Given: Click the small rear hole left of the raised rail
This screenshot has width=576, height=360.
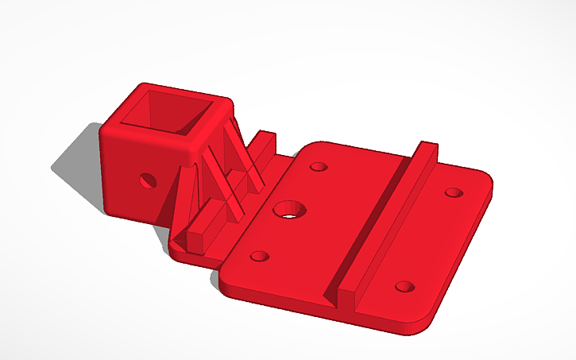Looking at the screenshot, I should (x=319, y=168).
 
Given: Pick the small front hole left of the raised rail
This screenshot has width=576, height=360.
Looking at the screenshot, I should (x=259, y=257).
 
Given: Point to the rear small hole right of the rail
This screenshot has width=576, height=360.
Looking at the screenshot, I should (x=453, y=192).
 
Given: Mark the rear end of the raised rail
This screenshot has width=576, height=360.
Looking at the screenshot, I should (x=427, y=149).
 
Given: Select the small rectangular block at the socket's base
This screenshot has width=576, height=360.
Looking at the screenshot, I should (x=205, y=235).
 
